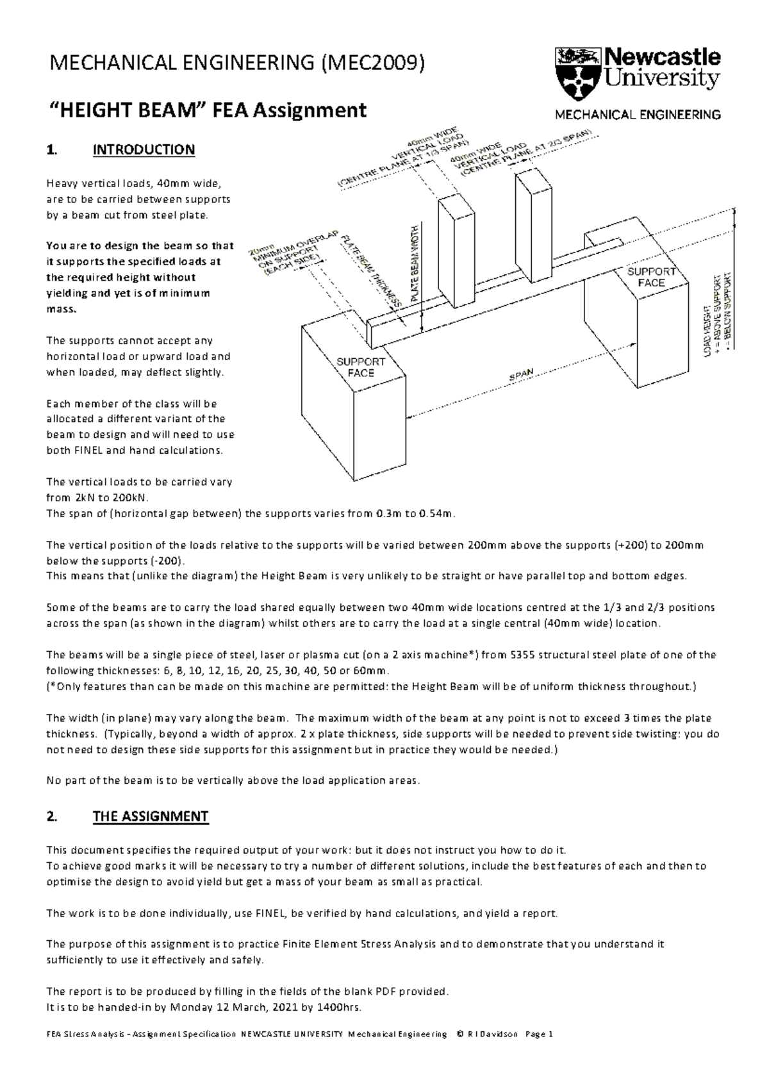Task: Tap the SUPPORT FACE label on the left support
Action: [x=361, y=367]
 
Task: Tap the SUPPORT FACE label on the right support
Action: [x=651, y=277]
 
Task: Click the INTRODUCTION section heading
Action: [x=144, y=150]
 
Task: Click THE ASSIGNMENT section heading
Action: [x=151, y=817]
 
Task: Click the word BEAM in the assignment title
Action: [x=164, y=110]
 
